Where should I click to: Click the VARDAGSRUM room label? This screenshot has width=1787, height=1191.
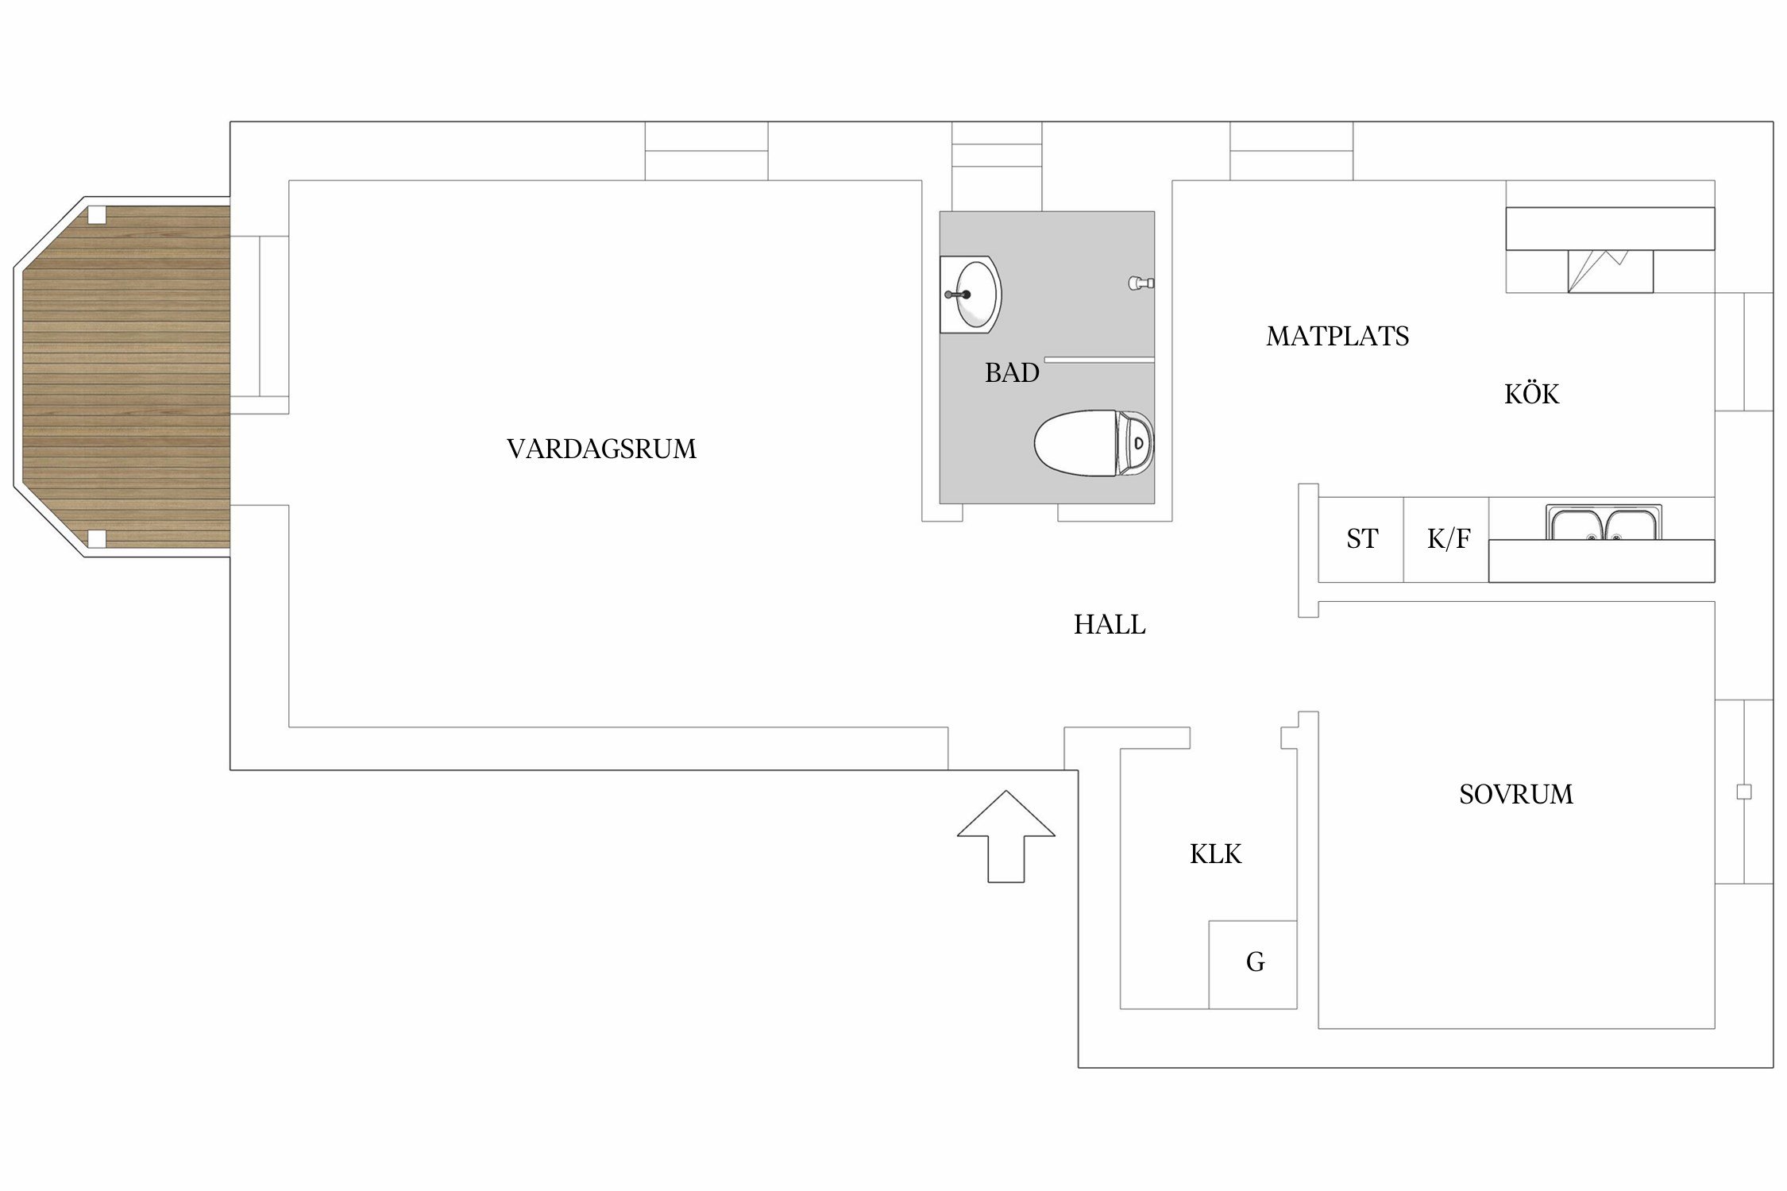pos(601,449)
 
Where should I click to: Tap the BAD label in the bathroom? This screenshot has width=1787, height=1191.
pos(1012,372)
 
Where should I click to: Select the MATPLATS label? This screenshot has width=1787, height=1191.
pos(1337,337)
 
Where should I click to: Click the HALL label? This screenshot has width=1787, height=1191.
pos(1110,625)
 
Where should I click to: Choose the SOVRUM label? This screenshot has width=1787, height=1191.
pos(1515,794)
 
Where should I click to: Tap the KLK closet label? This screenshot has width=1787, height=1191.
pos(1215,854)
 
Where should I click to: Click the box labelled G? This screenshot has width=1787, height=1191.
pos(1252,964)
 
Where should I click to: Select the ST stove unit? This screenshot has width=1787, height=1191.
pos(1361,539)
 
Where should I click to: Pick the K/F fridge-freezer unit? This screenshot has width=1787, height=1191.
pos(1446,539)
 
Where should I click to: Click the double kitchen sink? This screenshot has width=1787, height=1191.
pos(1604,522)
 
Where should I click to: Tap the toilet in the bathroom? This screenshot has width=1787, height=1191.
pos(1094,443)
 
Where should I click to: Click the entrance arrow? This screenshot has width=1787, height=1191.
pos(1006,836)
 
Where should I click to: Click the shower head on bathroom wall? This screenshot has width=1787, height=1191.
pos(1141,283)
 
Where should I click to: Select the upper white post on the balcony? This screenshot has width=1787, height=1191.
pos(96,215)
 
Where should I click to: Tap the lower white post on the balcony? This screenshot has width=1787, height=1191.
pos(96,539)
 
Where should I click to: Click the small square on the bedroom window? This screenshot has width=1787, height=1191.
pos(1744,792)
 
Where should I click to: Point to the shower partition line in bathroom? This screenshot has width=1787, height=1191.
pos(1099,360)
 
